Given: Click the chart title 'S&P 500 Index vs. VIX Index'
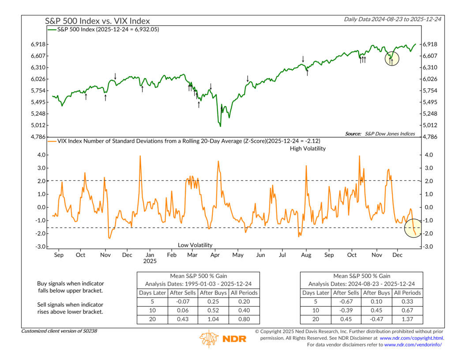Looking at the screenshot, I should coord(98,21).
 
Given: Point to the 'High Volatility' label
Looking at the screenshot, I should coord(308,149).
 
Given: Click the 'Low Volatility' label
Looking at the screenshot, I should coord(195,245).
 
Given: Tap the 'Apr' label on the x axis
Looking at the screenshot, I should coord(215,255).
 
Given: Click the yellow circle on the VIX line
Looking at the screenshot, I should coord(416,228).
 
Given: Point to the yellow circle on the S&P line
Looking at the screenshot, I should coord(391,58).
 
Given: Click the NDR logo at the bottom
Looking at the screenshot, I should coord(223,338).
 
